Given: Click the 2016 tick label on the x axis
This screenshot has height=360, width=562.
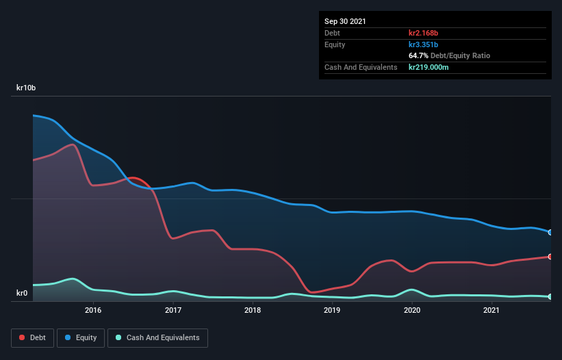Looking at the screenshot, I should (x=93, y=310).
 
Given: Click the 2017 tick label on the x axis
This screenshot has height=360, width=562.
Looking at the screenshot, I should (x=173, y=310).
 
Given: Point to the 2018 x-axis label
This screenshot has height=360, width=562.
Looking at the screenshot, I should (x=253, y=310).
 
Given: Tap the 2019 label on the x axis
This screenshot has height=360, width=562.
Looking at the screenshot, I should (x=332, y=310).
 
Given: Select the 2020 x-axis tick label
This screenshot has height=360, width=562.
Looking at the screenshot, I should (x=412, y=310).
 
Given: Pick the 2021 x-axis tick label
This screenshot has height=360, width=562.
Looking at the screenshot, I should (x=491, y=310).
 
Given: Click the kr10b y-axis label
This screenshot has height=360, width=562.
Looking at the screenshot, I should (x=26, y=88).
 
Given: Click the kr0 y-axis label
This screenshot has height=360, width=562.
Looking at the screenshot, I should (x=22, y=294).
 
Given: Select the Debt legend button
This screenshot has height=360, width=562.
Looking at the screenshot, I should (x=31, y=337).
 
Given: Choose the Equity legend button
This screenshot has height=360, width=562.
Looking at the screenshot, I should (x=81, y=337).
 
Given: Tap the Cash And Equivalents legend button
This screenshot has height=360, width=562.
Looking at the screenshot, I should (x=157, y=337).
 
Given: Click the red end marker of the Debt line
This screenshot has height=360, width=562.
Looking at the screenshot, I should (x=550, y=257).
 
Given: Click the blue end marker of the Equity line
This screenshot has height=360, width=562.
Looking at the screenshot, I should (x=550, y=232).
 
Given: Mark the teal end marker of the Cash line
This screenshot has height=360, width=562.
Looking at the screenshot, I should (x=550, y=296).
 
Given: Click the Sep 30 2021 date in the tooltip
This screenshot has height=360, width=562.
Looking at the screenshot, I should (x=345, y=21).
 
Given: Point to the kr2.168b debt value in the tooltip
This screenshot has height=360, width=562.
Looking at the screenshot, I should (x=423, y=33).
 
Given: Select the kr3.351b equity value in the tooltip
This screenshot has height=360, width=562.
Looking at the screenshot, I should (x=423, y=44).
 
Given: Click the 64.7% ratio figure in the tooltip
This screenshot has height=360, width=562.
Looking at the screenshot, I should (x=418, y=55).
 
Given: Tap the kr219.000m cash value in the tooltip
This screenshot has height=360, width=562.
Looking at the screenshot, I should (x=429, y=67).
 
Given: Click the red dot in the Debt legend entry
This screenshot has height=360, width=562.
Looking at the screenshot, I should (x=23, y=337).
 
